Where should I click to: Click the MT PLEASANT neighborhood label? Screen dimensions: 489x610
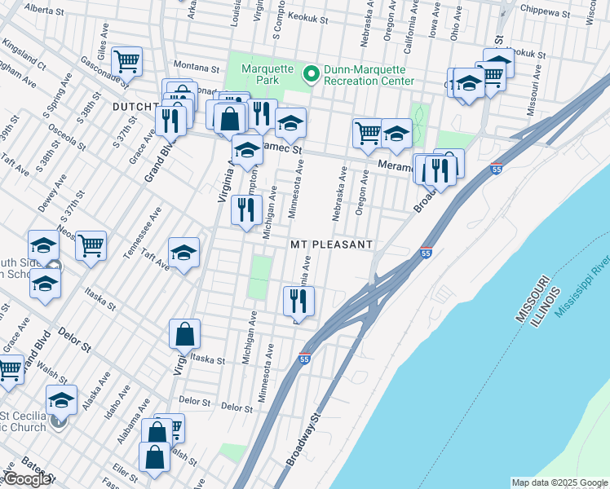click(x=331, y=244)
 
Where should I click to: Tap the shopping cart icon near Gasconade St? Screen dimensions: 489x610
click(x=127, y=60)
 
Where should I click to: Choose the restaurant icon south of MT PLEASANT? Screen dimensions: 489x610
click(x=298, y=301)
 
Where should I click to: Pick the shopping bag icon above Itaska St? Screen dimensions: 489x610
click(x=184, y=333)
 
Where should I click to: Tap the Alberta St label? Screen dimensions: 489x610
click(x=46, y=10)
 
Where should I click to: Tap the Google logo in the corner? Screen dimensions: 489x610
click(x=27, y=479)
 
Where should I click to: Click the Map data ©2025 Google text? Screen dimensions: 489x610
click(x=559, y=482)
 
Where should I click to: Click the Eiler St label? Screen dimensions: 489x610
click(x=126, y=470)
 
